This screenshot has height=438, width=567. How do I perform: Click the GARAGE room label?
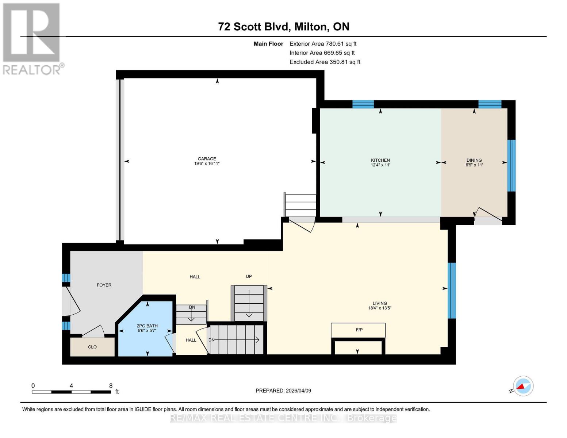point(207,159)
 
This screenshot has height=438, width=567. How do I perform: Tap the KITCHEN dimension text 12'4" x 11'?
point(380,165)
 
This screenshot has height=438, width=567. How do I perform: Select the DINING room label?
point(474,160)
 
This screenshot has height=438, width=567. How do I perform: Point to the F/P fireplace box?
point(358,330)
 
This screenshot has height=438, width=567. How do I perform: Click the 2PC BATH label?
point(147,326)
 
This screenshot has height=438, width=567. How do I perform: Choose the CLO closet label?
point(92,347)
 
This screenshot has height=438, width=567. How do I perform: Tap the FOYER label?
point(104,285)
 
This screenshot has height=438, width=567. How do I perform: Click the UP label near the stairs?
point(249,276)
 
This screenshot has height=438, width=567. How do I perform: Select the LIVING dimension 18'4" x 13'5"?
point(380,308)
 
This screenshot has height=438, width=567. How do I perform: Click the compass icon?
point(523,386)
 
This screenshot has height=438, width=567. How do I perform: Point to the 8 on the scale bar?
point(111,385)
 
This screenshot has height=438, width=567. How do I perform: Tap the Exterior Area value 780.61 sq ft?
point(341,44)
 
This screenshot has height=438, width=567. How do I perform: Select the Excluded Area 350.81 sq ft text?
point(325,62)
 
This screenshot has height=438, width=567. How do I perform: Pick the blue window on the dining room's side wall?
point(511,166)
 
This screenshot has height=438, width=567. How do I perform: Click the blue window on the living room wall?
point(452,291)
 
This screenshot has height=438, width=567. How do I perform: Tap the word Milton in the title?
point(310,27)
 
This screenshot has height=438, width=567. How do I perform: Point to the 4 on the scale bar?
point(71,385)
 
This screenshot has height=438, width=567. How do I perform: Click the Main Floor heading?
point(268,44)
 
